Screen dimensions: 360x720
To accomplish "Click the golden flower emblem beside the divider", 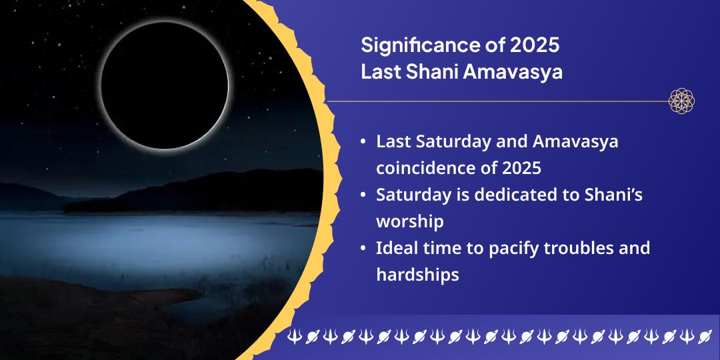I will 681,101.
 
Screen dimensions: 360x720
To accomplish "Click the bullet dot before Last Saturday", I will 362,142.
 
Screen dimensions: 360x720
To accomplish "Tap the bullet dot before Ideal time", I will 362,248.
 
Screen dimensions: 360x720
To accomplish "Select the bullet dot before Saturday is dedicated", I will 362,195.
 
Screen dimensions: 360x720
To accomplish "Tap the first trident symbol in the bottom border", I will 293,337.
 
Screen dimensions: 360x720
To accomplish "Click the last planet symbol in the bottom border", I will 704,337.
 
